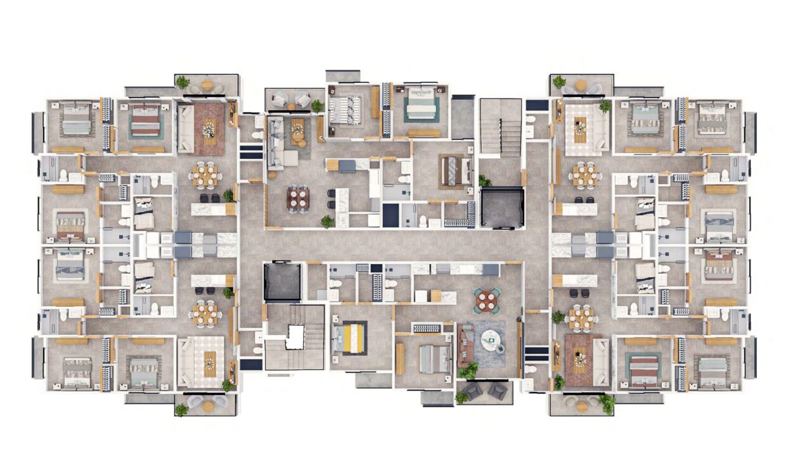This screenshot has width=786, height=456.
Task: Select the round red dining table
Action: click(x=487, y=301)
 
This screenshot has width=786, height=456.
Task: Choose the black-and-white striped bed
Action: click(x=345, y=109)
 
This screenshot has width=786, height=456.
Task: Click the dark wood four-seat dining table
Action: click(x=298, y=199)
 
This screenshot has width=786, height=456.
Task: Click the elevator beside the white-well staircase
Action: click(x=282, y=283)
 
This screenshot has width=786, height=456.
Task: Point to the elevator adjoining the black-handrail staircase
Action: click(x=502, y=207)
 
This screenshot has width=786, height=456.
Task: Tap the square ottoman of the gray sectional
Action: click(x=290, y=158)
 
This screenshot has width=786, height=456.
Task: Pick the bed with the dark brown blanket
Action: click(x=457, y=170)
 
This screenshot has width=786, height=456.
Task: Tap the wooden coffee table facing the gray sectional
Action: click(x=298, y=130)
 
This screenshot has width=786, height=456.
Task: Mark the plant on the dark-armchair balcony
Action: click(x=461, y=397)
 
